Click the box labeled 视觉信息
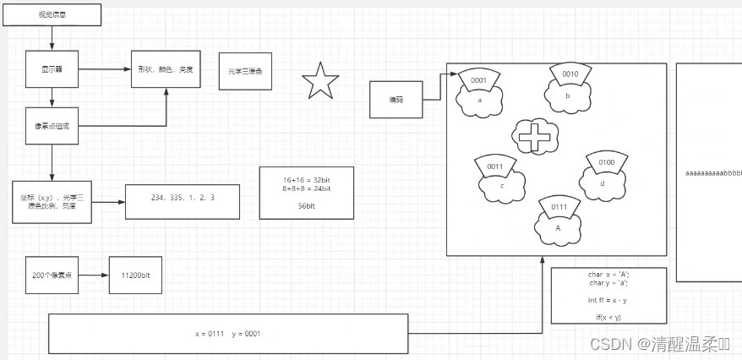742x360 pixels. click(53, 14)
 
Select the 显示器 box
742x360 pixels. click(53, 69)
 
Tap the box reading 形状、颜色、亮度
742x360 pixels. click(166, 69)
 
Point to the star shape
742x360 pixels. click(320, 82)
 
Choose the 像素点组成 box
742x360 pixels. click(53, 126)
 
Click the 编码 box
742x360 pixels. click(396, 100)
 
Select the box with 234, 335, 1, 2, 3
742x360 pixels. click(183, 199)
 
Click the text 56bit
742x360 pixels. click(307, 205)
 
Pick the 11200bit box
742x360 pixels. click(135, 275)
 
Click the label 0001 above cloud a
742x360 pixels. click(478, 81)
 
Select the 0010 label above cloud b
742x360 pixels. click(570, 74)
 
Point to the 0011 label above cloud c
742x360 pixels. click(494, 166)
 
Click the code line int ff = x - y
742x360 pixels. click(607, 300)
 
